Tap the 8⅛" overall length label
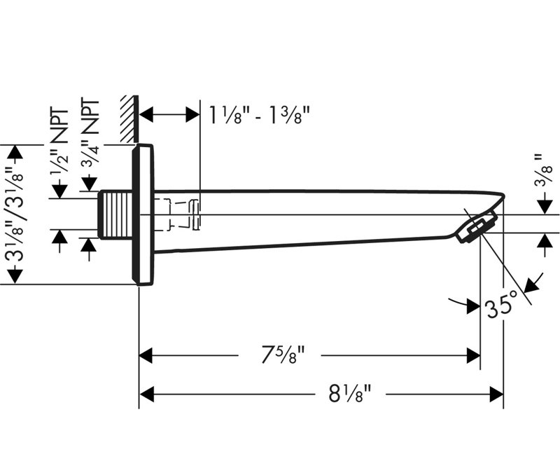(350, 394)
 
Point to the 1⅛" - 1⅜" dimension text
(259, 115)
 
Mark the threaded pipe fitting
(115, 214)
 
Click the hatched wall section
(129, 119)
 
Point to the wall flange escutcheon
(143, 214)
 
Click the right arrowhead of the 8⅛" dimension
(496, 395)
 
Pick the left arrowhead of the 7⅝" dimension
(146, 355)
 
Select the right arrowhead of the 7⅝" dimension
(473, 355)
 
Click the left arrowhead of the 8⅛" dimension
(146, 395)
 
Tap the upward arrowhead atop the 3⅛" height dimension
(15, 152)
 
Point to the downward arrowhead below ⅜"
(545, 207)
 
